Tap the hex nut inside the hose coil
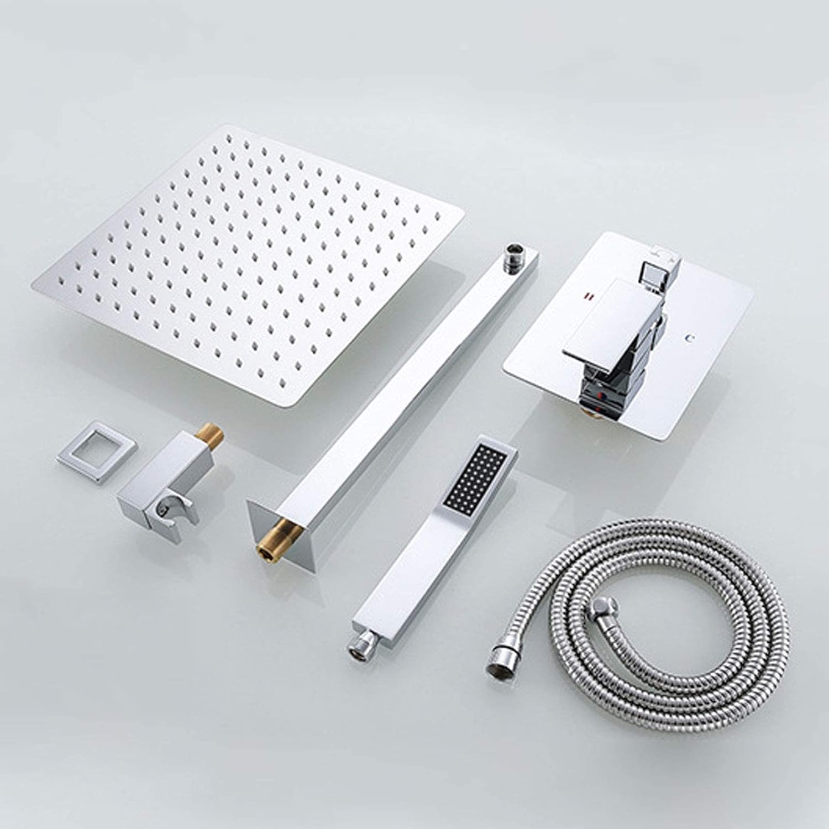pyautogui.click(x=599, y=610)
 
